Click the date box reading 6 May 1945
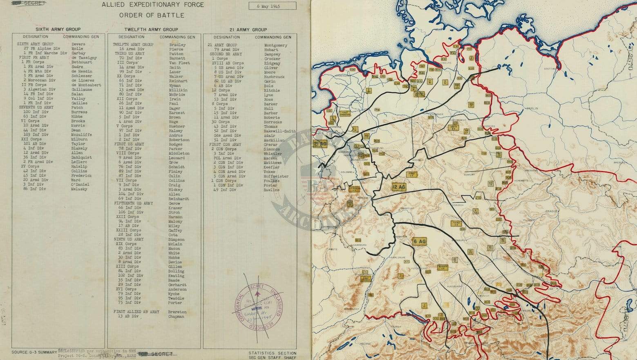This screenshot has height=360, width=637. point(272,6)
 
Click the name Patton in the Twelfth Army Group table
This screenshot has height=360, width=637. point(176,54)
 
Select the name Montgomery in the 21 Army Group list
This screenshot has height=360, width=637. point(275,45)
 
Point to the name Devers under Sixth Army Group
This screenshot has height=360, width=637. point(78,44)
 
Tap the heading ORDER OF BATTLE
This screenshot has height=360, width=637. point(152,16)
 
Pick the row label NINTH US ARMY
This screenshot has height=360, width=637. point(129,239)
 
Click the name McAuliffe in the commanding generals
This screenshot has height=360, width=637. point(81,135)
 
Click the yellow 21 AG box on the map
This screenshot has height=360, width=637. point(320,144)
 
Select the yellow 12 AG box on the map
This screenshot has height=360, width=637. point(398,187)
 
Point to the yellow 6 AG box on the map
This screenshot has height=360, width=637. point(420,241)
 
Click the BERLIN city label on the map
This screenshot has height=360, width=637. point(532,108)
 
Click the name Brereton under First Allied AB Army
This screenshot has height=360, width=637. point(177,312)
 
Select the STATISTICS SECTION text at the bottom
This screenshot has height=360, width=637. point(272,353)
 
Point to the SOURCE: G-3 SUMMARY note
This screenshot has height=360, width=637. point(34,352)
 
